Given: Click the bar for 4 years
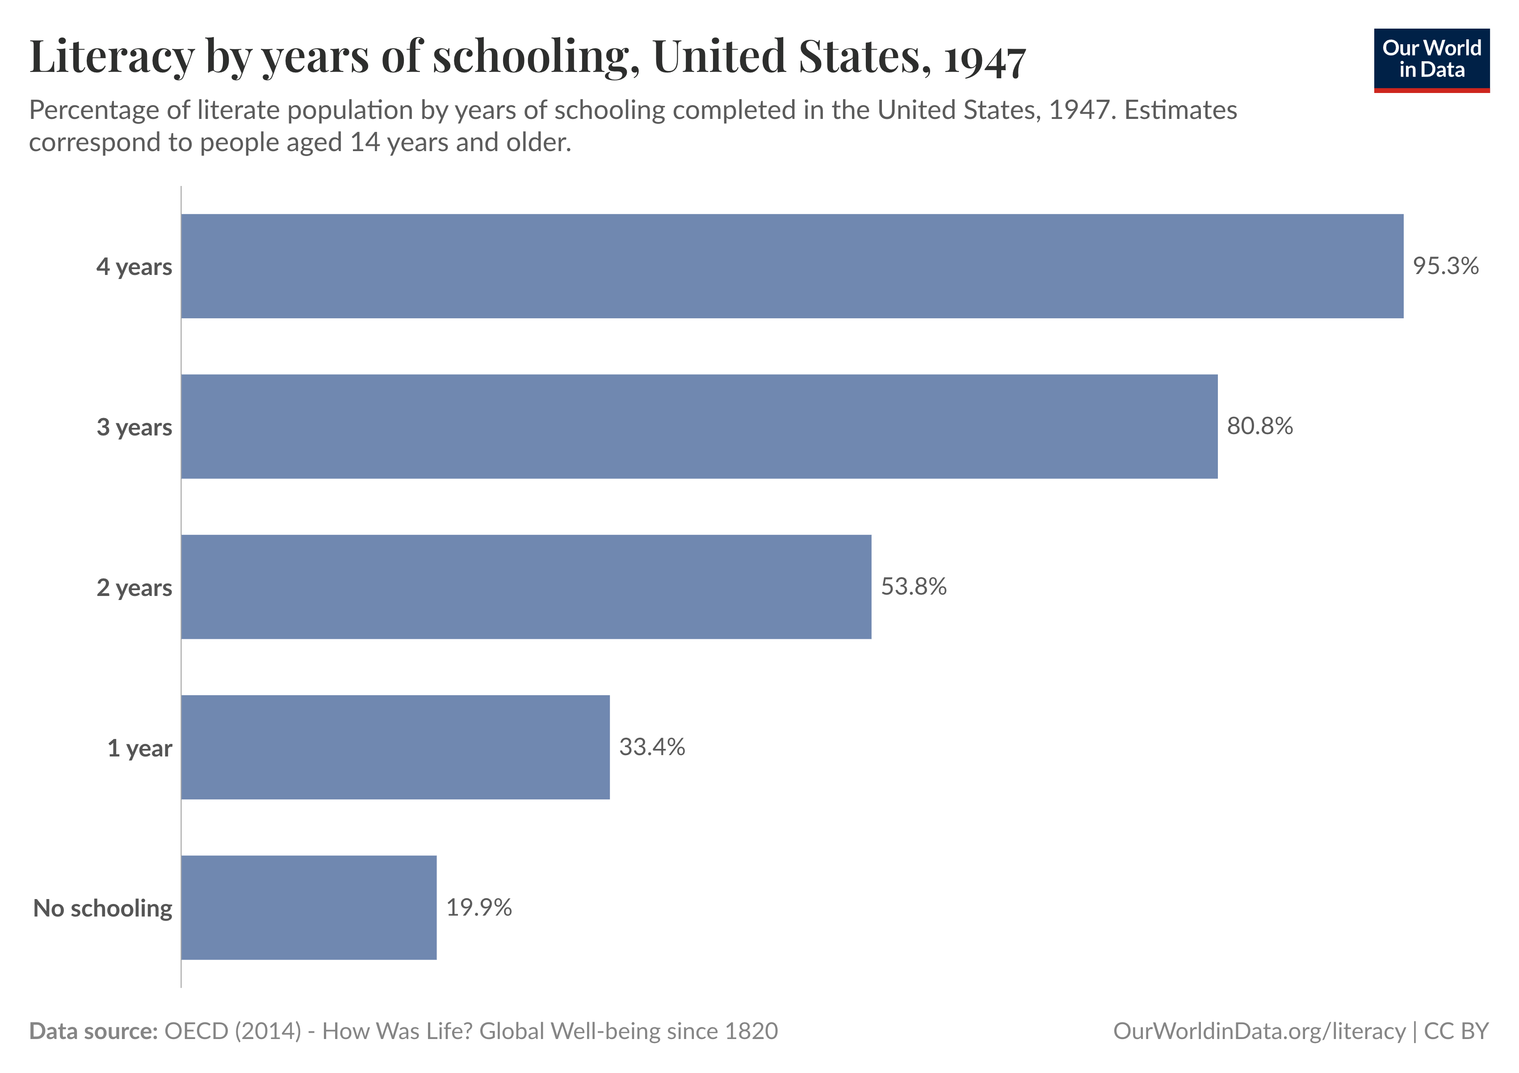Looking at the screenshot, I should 792,266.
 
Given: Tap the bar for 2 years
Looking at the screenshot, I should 526,587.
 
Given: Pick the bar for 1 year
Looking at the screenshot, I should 395,748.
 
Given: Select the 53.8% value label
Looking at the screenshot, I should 913,587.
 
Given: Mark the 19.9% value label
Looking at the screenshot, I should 478,907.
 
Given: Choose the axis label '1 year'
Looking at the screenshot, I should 139,748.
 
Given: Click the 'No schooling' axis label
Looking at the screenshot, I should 103,908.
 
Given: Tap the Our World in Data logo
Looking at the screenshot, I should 1431,59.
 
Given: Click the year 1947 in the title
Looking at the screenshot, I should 984,59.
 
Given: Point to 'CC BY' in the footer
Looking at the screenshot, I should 1456,1031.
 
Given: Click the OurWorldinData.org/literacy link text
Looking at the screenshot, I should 1259,1031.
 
